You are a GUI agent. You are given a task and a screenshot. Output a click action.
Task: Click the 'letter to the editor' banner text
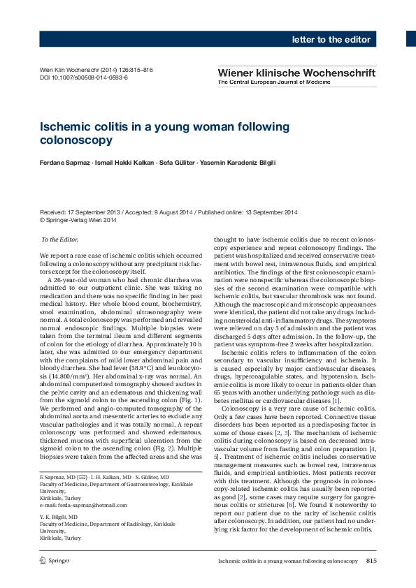coord(331,39)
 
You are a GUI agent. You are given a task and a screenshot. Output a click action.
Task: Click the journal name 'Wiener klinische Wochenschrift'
coord(296,72)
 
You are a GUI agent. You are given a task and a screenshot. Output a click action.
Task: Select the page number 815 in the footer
coord(371,561)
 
